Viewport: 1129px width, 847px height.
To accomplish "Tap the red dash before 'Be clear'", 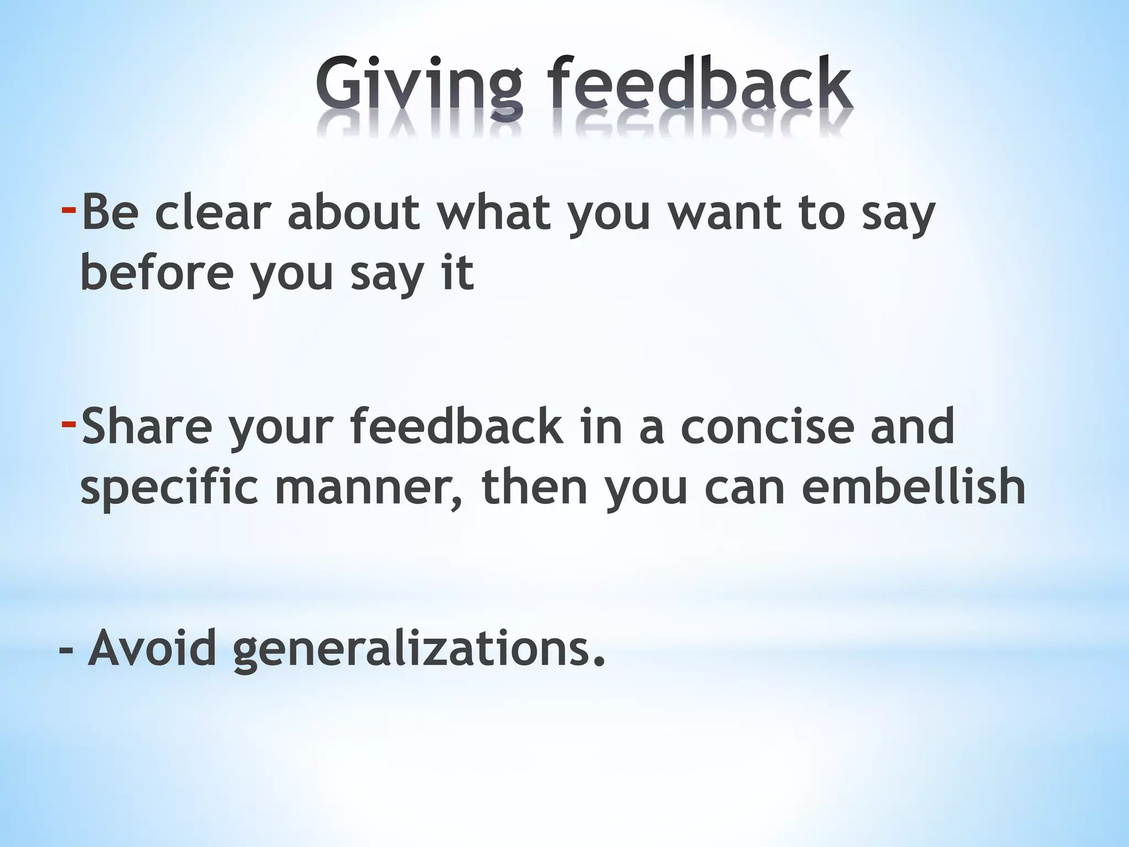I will pos(68,209).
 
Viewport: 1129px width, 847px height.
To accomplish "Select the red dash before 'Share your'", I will pos(68,423).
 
